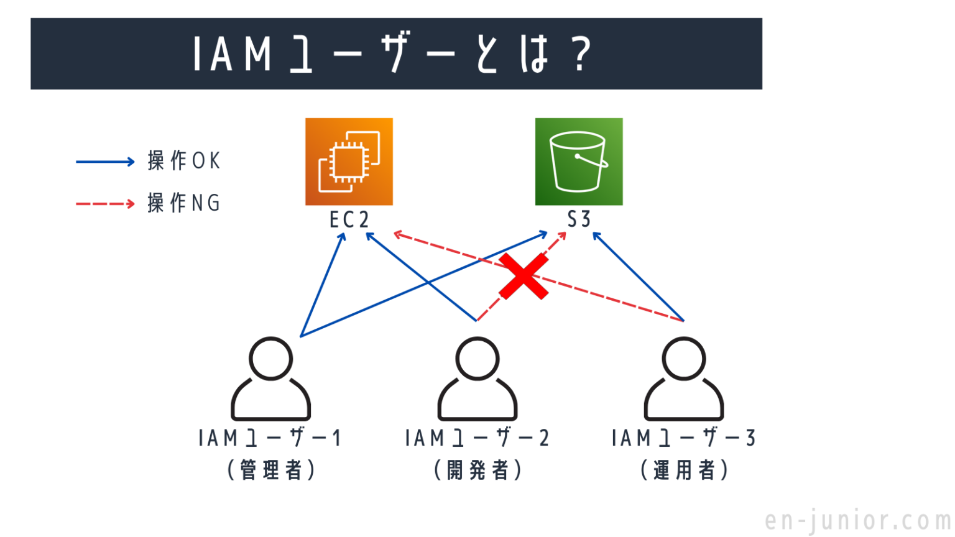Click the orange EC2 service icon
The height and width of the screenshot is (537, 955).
coord(349,162)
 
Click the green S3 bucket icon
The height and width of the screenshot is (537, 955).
coord(578,162)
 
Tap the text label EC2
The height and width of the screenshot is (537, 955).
coord(349,219)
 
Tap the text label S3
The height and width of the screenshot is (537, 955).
coord(578,219)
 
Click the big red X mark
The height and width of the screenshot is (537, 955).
coord(524,276)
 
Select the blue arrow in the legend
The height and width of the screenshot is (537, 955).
coord(105,162)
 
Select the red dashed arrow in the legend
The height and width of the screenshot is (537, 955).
coord(105,204)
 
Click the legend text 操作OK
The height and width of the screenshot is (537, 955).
coord(184,161)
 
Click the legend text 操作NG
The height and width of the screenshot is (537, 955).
coord(184,203)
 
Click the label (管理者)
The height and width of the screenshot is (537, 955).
coord(270,470)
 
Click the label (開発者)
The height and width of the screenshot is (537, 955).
coord(477,470)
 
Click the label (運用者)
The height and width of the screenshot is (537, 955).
coord(683,470)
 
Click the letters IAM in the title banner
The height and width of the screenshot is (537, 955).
coord(232,55)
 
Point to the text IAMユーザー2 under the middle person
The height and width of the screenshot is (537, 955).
coord(477,438)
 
